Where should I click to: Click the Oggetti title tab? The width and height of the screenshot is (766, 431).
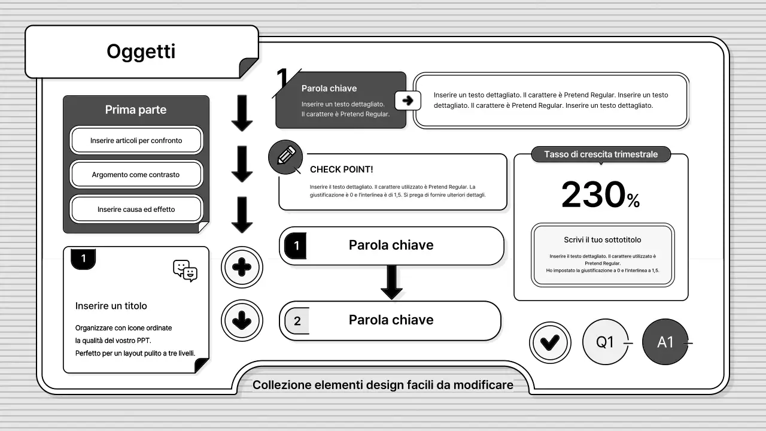coord(141,51)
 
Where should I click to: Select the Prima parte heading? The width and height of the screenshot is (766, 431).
coord(136,110)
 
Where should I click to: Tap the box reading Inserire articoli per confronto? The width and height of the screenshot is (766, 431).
coord(136,141)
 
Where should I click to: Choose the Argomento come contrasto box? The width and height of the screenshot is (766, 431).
coord(136,175)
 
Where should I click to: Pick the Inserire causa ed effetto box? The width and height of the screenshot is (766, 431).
coord(136,210)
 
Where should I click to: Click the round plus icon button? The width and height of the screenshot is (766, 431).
coord(242,267)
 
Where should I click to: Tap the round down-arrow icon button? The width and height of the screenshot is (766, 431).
coord(242,321)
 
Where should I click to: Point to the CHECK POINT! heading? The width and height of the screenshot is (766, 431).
coord(342,169)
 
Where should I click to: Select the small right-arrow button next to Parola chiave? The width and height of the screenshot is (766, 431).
coord(408,101)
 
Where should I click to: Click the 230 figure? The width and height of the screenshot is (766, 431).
coord(593,195)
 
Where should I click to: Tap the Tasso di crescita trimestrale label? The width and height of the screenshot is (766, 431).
coord(601,154)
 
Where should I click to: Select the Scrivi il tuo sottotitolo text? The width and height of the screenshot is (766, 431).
coord(603,239)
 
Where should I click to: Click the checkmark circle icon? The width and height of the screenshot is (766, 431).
coord(550,342)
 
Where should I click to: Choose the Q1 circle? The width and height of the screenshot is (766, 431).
coord(605,342)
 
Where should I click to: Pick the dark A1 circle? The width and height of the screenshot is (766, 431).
coord(665,342)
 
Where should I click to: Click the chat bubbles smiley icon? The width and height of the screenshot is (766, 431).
coord(186,271)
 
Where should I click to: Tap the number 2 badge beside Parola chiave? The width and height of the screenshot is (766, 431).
coord(297,321)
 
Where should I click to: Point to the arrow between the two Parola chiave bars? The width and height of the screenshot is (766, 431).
coord(391,281)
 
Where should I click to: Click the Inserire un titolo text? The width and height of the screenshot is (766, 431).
coord(111,306)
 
